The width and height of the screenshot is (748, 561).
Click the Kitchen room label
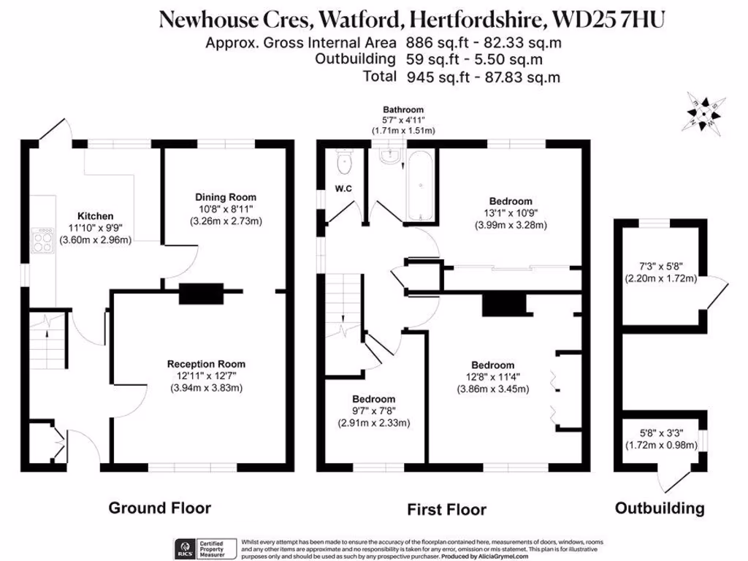point(96,216)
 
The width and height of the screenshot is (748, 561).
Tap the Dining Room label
point(226,197)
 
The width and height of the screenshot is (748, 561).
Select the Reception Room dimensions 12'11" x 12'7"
point(206,375)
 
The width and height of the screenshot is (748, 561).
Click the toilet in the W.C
point(344,161)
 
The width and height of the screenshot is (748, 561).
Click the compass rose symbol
point(703,112)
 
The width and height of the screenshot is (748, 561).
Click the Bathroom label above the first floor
point(403,110)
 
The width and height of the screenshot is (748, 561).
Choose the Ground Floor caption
point(160,508)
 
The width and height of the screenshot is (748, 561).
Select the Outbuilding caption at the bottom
point(660,508)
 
